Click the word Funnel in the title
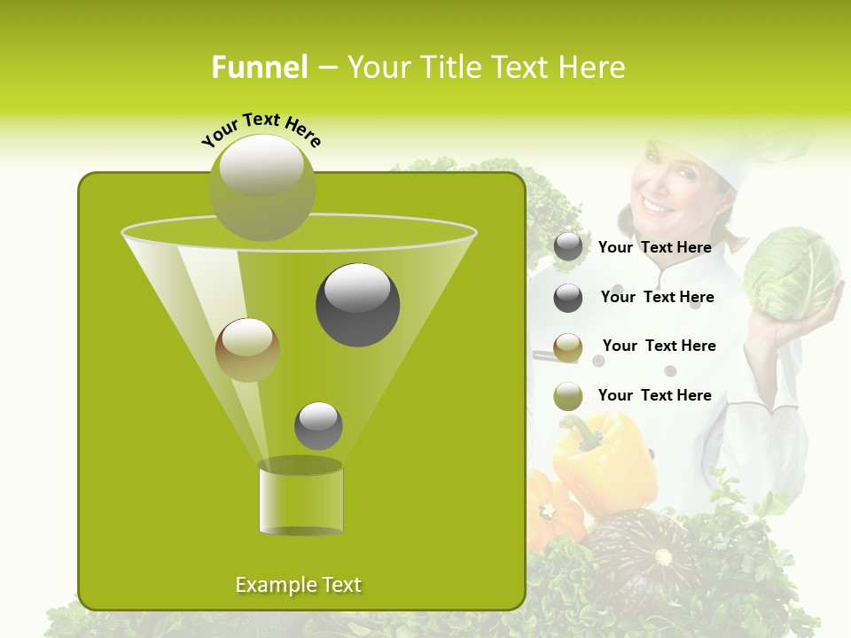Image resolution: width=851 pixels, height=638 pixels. click(x=259, y=67)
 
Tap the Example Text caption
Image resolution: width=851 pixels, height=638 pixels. click(x=299, y=585)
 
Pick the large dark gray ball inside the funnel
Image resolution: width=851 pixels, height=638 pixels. click(x=357, y=304)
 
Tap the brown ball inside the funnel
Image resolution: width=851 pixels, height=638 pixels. click(x=247, y=350)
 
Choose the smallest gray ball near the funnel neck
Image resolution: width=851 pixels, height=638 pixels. click(x=318, y=425)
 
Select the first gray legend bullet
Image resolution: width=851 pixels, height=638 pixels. click(x=568, y=247)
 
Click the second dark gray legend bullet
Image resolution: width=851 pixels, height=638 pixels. click(x=568, y=298)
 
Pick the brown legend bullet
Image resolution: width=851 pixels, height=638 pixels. click(x=568, y=347)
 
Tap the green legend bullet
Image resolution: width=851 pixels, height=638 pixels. click(x=568, y=396)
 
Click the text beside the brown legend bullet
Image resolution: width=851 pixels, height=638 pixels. click(x=659, y=346)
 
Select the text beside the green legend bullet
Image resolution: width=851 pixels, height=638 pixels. click(x=654, y=395)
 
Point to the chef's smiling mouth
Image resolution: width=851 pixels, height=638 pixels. click(x=658, y=206)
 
